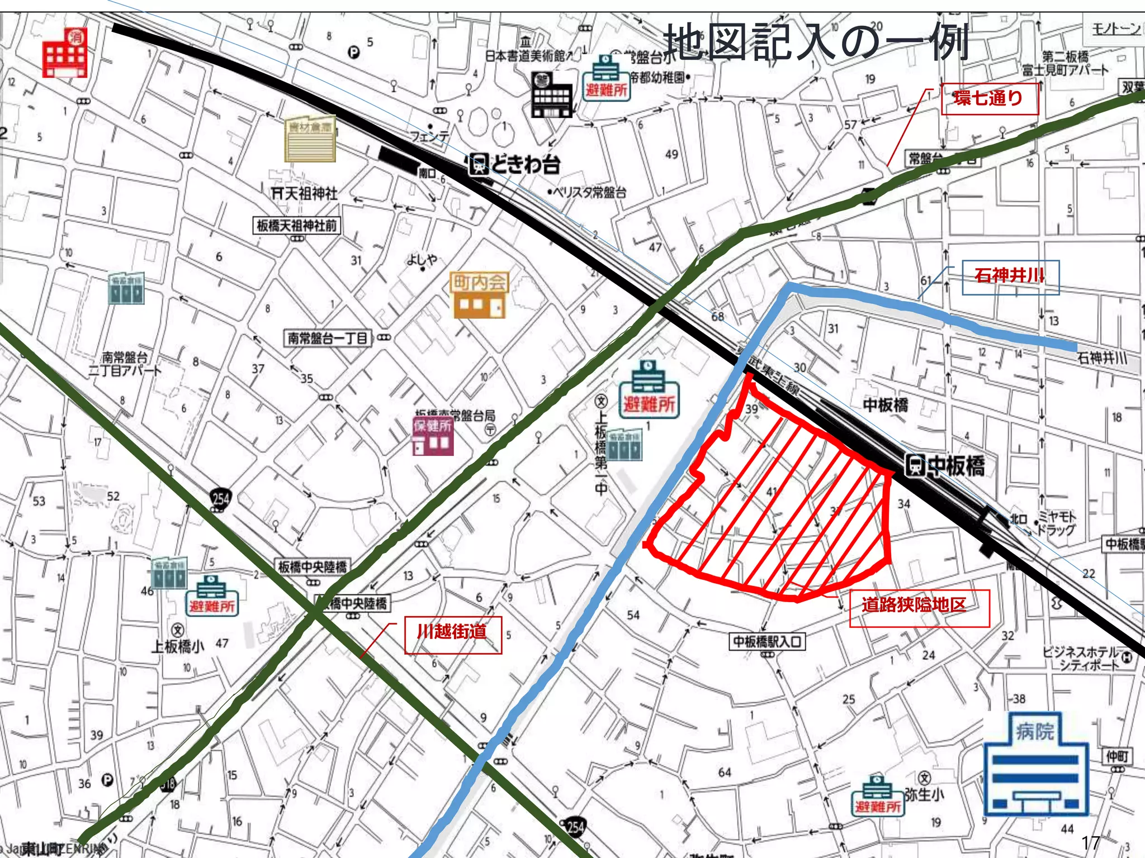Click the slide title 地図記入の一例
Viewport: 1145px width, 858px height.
click(x=816, y=42)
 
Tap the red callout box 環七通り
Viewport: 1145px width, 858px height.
click(x=988, y=99)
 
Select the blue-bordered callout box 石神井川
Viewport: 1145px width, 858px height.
click(x=1010, y=277)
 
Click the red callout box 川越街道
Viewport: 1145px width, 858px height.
click(x=453, y=634)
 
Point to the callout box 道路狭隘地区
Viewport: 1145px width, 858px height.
click(x=919, y=607)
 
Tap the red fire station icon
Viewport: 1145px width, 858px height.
click(x=65, y=53)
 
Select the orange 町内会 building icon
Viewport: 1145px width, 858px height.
click(x=479, y=295)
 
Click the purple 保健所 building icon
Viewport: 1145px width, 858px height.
click(x=433, y=436)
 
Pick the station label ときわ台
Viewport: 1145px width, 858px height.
click(x=514, y=165)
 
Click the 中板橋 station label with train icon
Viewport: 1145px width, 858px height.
click(x=945, y=466)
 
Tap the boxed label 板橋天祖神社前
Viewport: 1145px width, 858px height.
click(x=296, y=226)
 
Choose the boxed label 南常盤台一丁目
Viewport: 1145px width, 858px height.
click(x=328, y=339)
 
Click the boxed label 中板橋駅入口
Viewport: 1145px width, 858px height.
click(x=768, y=641)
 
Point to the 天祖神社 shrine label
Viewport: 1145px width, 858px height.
click(x=305, y=194)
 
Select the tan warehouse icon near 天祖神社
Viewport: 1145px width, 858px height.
click(x=310, y=139)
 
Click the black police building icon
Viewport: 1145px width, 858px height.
click(x=552, y=95)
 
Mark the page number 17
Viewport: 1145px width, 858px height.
click(x=1090, y=842)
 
